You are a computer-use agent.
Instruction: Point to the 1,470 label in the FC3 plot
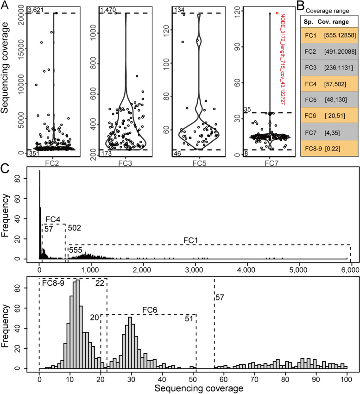(110, 10)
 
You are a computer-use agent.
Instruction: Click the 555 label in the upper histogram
(76, 250)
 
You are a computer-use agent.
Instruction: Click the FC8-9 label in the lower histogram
(53, 283)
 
